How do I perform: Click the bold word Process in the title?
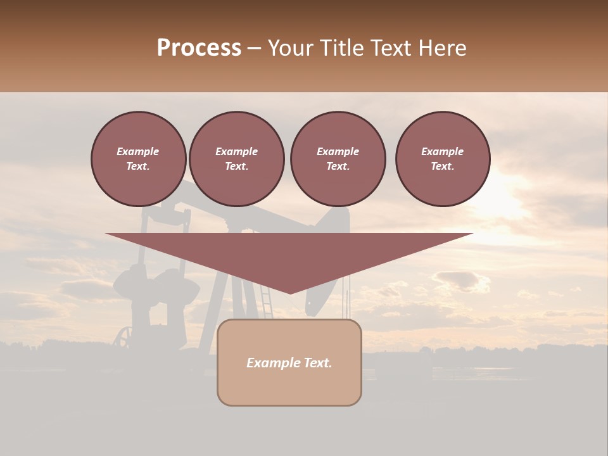tap(199, 48)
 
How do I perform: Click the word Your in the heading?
tap(291, 48)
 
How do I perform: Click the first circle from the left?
tap(138, 159)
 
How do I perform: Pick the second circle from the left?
tap(236, 159)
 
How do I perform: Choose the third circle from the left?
tap(338, 159)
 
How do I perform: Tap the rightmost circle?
tap(442, 159)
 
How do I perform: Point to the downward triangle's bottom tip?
tap(290, 293)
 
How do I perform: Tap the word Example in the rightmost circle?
tap(442, 151)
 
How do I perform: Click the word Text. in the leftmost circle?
tap(138, 167)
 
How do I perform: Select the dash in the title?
tap(255, 49)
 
